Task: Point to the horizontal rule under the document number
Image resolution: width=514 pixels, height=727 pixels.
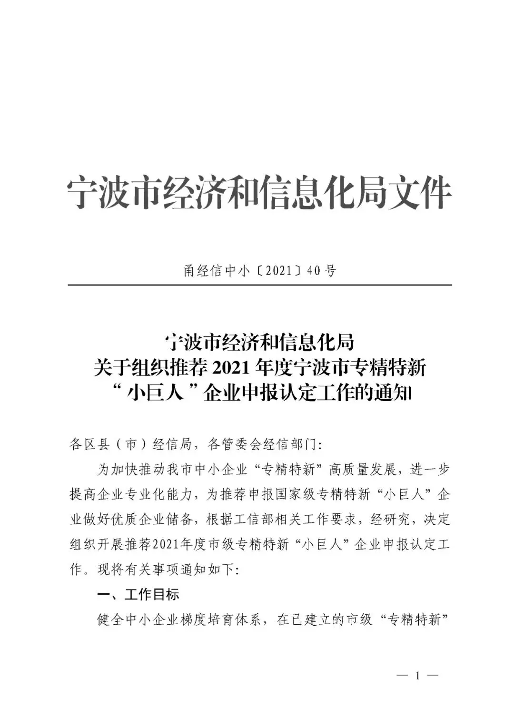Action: point(259,285)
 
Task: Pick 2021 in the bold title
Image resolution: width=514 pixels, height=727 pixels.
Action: point(230,368)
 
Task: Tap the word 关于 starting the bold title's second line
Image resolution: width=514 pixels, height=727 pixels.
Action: point(107,368)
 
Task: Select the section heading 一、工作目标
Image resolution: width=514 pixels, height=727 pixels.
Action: point(138,594)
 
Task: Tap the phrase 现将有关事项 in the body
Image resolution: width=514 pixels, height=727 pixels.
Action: point(138,569)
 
